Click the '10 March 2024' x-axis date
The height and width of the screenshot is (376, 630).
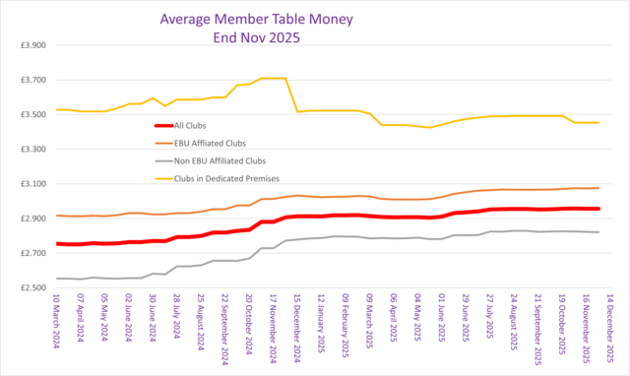[x=58, y=331]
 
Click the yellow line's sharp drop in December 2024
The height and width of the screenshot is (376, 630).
[x=292, y=95]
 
